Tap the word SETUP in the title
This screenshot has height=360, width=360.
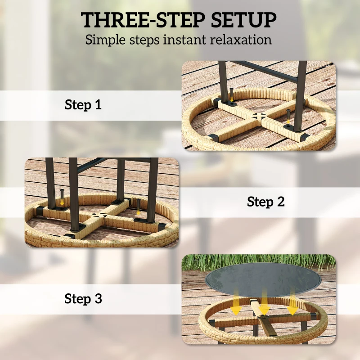tap(243, 20)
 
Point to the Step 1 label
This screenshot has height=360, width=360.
tap(83, 105)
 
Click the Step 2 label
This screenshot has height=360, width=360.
tap(265, 202)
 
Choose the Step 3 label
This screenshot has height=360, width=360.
tap(83, 298)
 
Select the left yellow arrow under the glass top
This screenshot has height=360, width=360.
tap(235, 302)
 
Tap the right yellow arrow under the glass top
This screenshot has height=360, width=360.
tap(292, 302)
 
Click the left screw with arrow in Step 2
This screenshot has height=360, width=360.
tap(62, 197)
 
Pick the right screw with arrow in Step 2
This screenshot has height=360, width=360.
tap(138, 207)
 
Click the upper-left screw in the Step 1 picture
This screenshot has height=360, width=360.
tap(232, 95)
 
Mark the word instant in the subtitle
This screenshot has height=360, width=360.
tap(184, 40)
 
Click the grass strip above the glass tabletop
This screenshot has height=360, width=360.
tap(259, 263)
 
